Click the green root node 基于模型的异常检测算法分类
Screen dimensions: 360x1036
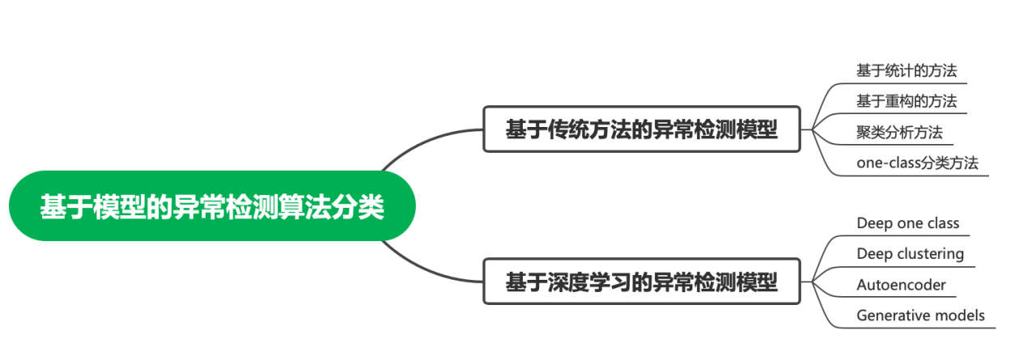tap(212, 206)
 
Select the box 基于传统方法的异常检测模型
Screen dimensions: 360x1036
tap(641, 129)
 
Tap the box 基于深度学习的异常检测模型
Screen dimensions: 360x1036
tap(641, 282)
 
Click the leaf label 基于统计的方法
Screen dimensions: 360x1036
tap(906, 70)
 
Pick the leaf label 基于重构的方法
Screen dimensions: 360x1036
tap(906, 101)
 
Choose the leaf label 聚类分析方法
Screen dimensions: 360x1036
tap(899, 132)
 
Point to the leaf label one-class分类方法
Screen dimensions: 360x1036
tap(917, 163)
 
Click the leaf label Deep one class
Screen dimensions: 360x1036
tap(907, 223)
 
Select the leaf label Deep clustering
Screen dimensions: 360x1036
tap(910, 254)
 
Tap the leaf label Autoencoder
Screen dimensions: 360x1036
tap(901, 285)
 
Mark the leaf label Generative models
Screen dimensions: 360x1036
tap(920, 316)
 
